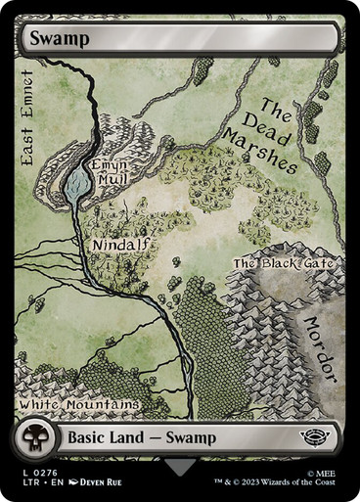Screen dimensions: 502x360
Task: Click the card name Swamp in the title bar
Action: pyautogui.click(x=60, y=39)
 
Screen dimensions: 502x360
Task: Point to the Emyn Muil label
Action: pyautogui.click(x=109, y=173)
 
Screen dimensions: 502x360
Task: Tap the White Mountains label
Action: pyautogui.click(x=79, y=403)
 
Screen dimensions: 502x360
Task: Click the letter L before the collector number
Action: pyautogui.click(x=23, y=470)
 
